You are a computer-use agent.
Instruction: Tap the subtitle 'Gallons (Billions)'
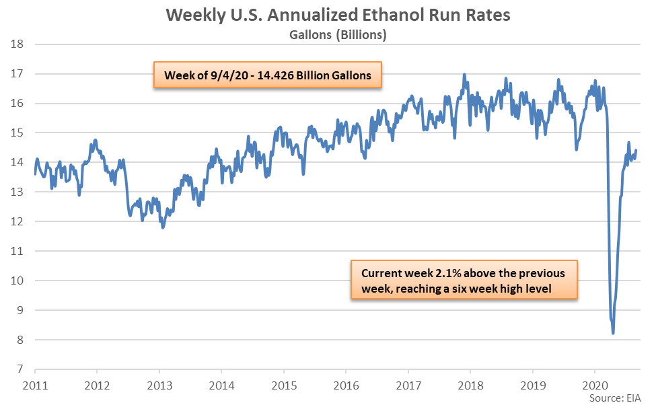[x=328, y=34]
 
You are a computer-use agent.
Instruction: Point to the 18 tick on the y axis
[x=19, y=44]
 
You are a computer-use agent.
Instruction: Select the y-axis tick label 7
[x=21, y=369]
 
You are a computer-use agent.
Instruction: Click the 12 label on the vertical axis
[x=19, y=221]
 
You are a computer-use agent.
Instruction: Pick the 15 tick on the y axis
[x=19, y=133]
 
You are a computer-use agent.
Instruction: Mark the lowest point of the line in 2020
[x=613, y=333]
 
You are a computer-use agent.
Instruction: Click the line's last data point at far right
[x=636, y=150]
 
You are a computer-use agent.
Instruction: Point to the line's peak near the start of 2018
[x=464, y=75]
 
